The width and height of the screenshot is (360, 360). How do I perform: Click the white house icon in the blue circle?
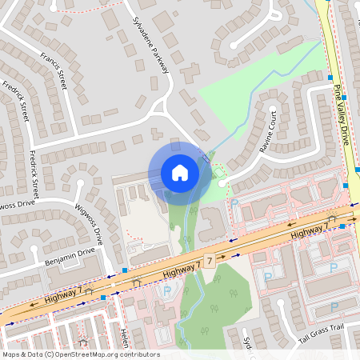pyautogui.click(x=180, y=173)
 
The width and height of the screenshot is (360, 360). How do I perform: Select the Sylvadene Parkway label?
pyautogui.click(x=151, y=44)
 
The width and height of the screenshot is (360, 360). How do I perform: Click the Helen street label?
pyautogui.click(x=124, y=337)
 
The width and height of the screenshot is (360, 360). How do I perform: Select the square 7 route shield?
pyautogui.click(x=209, y=262)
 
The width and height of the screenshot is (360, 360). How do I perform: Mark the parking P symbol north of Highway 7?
pyautogui.click(x=234, y=203)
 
